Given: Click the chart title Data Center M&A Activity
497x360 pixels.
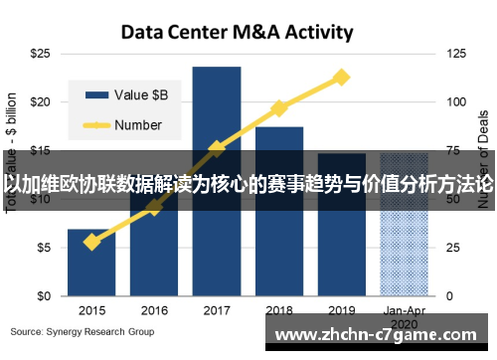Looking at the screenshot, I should [x=237, y=32].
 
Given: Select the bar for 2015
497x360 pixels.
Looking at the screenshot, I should [x=91, y=264].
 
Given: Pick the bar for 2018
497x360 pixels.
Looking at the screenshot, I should [x=279, y=139].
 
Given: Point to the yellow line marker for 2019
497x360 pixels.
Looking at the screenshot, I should [x=342, y=77].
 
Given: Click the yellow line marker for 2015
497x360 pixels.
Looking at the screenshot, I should [x=91, y=242].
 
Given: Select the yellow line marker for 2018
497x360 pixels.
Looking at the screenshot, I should [x=279, y=107].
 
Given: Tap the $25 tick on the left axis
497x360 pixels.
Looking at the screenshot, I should [x=41, y=52].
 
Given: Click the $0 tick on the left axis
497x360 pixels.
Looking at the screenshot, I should [x=44, y=296].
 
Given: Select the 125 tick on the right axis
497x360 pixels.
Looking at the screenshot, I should [x=456, y=52].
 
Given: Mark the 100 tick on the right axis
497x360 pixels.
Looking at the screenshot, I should [x=456, y=101].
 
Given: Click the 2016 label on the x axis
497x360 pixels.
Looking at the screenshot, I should [x=154, y=310].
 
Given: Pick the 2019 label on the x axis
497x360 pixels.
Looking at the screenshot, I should [x=342, y=310].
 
